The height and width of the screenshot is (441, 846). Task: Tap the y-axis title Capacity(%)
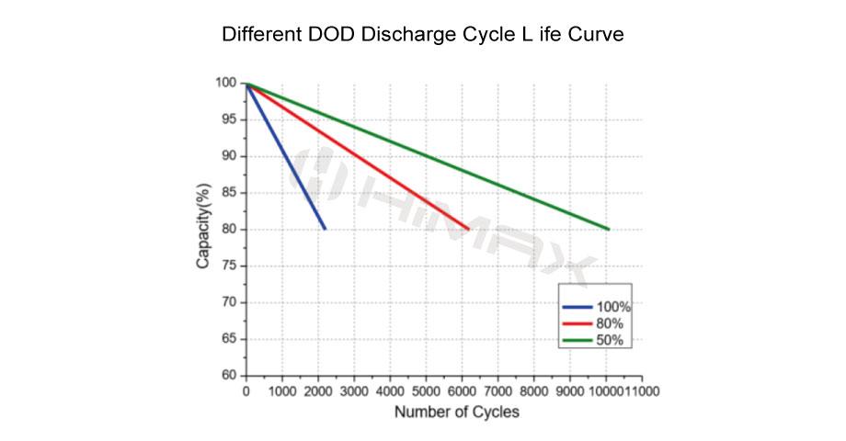pos(204,227)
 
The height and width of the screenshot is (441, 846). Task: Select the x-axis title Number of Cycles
pos(456,412)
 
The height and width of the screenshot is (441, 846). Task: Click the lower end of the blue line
pos(325,229)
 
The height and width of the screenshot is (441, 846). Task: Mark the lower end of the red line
pos(469,229)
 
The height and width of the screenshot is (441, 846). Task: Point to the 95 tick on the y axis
pos(230,119)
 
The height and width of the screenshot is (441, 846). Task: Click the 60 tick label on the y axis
pos(230,376)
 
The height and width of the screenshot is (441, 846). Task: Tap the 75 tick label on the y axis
pos(230,266)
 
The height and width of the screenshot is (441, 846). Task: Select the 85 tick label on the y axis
pos(230,193)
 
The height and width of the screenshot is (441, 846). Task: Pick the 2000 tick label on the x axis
pos(317,390)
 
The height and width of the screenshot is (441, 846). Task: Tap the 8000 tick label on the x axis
pos(534,390)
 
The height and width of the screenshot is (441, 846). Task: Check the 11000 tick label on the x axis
pos(643,390)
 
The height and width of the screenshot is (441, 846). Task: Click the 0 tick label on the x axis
pos(246,390)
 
